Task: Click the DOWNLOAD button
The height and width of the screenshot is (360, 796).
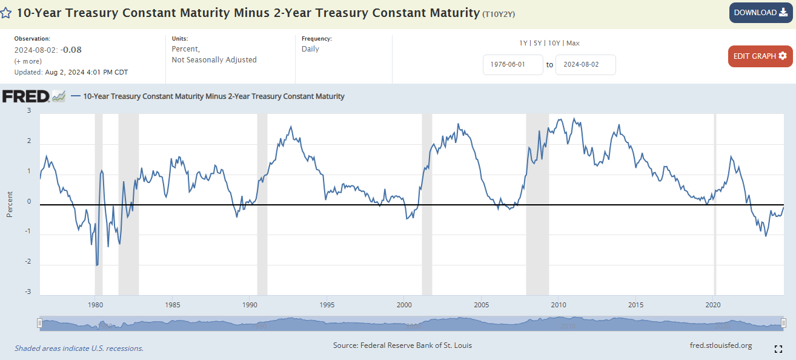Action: (x=760, y=13)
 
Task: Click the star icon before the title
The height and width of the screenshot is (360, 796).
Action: (x=6, y=13)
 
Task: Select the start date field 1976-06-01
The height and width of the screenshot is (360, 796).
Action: (x=512, y=65)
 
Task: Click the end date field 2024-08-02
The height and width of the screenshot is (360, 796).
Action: (x=585, y=65)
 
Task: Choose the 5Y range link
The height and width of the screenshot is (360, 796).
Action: (x=537, y=43)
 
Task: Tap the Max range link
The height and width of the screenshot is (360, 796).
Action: (x=573, y=43)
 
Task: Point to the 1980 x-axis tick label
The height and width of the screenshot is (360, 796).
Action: (x=95, y=304)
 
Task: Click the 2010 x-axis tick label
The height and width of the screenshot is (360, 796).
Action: (x=559, y=304)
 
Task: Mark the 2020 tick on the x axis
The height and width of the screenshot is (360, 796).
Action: (x=714, y=304)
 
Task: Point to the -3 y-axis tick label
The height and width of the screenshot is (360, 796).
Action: (x=28, y=292)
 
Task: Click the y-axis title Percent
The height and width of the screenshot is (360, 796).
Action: (x=10, y=204)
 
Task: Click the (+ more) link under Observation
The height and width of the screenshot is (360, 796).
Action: (x=28, y=61)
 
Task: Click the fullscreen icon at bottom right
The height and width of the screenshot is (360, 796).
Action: (x=778, y=348)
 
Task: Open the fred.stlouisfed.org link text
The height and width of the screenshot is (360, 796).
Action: (x=721, y=345)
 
